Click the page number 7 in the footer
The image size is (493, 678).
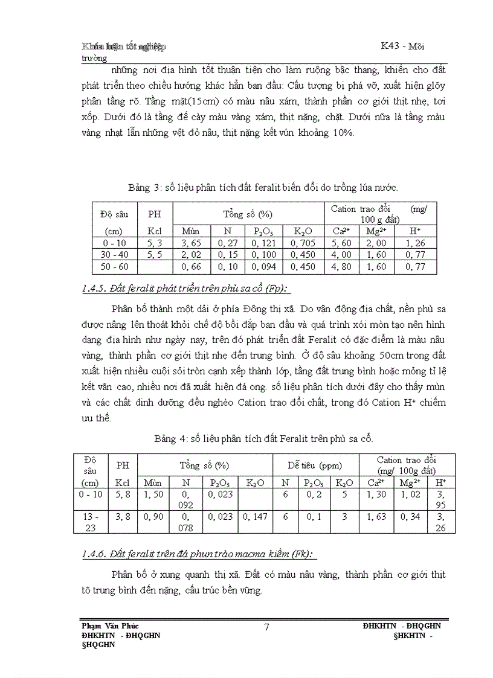[x=266, y=627]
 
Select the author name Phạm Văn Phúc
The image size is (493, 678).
[x=114, y=625]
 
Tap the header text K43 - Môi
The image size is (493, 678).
[x=404, y=46]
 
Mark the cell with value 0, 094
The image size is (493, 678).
[x=263, y=267]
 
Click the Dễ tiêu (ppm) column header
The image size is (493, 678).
[x=315, y=465]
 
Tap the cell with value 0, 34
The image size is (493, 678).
[x=411, y=517]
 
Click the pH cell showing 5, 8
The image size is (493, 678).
[x=123, y=494]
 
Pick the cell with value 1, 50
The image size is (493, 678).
[x=153, y=494]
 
